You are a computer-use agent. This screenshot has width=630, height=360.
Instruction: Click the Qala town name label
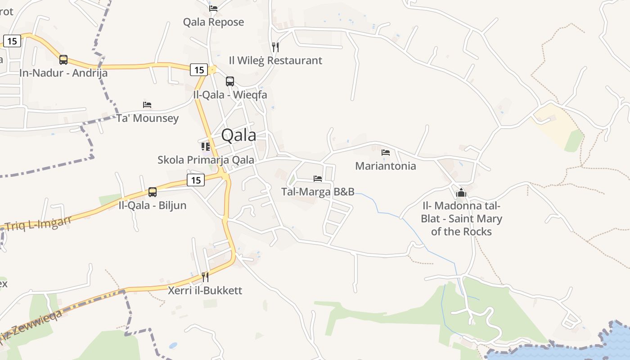238,135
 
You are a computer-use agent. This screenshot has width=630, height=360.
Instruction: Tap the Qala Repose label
213,22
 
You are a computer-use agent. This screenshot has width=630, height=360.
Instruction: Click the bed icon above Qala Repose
213,8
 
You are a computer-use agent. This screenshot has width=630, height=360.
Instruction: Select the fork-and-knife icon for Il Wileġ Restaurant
275,47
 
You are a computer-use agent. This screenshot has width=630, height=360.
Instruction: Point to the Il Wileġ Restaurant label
275,60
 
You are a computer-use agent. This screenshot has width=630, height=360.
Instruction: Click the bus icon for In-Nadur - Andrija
63,59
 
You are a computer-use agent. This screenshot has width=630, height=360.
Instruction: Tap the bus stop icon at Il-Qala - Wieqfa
230,81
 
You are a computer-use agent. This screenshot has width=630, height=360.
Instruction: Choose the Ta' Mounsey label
148,118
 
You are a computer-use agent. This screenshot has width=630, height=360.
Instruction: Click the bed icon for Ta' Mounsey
147,105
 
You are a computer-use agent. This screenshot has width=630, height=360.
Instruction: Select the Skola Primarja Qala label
206,160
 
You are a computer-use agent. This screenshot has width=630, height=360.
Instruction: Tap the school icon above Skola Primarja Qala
206,146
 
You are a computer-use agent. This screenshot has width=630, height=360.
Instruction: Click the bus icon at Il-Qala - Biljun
153,192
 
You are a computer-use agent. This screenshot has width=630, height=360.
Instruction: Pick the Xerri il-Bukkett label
205,290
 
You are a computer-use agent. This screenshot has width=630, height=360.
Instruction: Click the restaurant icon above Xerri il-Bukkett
205,277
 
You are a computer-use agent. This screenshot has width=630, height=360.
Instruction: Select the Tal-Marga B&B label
318,192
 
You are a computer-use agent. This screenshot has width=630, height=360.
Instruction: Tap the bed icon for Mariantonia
386,153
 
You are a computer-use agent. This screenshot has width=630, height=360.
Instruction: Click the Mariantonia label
386,166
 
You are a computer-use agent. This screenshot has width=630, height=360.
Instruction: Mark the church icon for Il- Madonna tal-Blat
461,193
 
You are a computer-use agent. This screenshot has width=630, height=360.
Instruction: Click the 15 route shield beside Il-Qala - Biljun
195,180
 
